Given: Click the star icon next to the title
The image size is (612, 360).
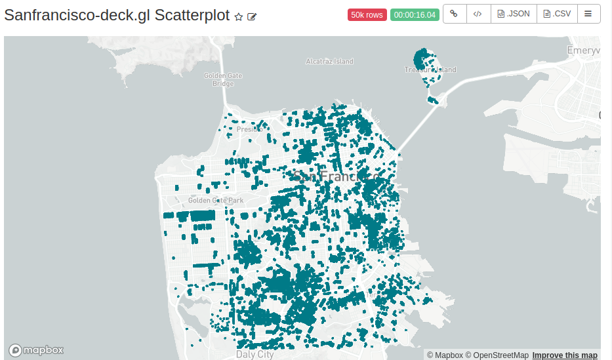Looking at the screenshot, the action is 239,17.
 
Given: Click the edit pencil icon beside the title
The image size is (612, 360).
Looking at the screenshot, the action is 252,17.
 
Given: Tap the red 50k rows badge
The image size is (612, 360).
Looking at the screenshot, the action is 367,14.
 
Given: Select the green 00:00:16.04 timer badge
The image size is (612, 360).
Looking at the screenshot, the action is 415,14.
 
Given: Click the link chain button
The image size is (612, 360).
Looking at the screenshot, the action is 454,14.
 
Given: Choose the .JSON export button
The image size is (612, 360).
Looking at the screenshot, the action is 514,14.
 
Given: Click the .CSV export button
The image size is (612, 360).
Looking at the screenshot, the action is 557,14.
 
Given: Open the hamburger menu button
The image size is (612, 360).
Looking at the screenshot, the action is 588,14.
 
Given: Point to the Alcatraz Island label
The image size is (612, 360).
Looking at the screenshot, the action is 329,62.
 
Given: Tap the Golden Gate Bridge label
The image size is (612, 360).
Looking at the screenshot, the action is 223,79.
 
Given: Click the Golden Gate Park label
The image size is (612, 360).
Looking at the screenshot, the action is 215,200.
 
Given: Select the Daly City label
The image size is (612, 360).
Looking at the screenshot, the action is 255,354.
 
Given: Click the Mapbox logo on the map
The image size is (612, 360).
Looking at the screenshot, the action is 36,350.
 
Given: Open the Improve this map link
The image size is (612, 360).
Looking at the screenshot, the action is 565,355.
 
